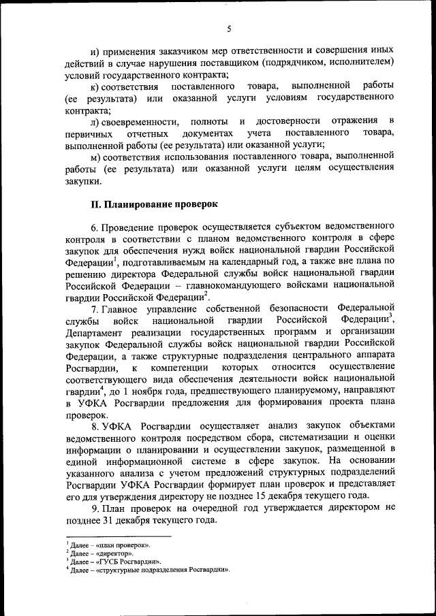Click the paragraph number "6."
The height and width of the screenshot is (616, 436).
click(95, 225)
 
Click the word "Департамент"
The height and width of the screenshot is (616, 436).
click(100, 332)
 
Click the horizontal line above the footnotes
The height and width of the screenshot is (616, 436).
click(109, 536)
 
